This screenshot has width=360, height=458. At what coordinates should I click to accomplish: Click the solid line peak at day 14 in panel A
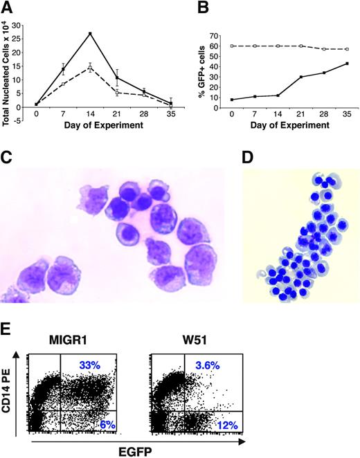coord(91,33)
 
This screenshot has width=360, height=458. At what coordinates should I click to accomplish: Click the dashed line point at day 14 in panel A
coord(91,67)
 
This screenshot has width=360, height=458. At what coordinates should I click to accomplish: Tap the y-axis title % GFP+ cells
coord(197,67)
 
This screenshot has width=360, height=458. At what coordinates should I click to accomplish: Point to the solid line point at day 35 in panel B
coord(346,64)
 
